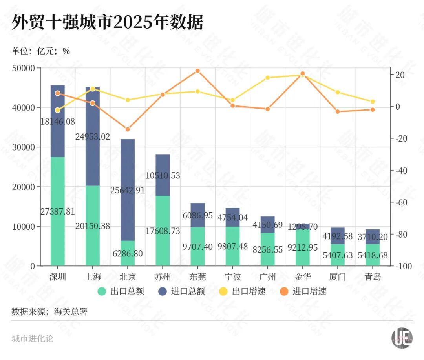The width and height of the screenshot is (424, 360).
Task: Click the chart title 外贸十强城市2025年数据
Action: coord(107,23)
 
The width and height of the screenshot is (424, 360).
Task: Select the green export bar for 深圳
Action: coord(58,235)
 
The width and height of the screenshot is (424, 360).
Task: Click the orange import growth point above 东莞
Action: coord(198,71)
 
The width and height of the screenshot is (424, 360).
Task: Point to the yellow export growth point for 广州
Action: coord(267,78)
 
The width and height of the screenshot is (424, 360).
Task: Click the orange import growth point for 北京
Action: coord(128,129)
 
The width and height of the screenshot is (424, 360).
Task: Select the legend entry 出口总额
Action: coord(121,291)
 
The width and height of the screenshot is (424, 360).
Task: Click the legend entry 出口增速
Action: coord(243,291)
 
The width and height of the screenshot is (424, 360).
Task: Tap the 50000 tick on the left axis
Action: coord(24,68)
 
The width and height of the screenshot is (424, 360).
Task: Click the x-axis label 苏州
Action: coord(163,277)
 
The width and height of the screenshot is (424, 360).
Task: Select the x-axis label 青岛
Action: coord(372,277)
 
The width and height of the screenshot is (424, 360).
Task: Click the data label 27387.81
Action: coord(58,212)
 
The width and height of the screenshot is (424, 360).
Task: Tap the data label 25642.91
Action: coord(128,191)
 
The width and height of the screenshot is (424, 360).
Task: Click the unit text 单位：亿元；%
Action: coord(41,51)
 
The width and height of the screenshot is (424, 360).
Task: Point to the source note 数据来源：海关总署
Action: coord(49,312)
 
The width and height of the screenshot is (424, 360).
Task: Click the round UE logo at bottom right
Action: coord(402,338)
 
